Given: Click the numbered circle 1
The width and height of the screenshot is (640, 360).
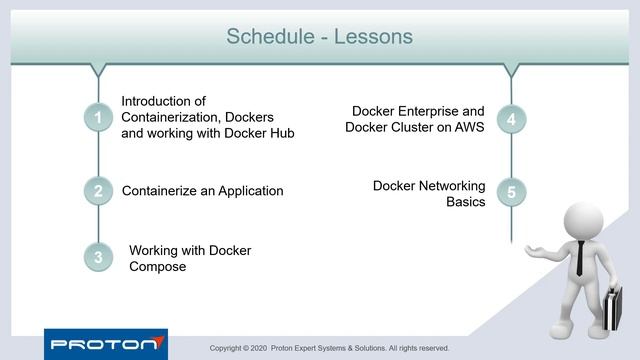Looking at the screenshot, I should coord(98,118).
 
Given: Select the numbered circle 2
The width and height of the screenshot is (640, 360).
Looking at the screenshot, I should coord(98,191).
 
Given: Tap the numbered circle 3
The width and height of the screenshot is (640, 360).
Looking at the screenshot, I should coord(98,257).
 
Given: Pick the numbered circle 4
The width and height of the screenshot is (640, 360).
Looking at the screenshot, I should coord(511,119).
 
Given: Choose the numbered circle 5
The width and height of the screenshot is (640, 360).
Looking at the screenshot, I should coord(511,192).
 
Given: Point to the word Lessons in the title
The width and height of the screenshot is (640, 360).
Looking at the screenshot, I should coord(375,37).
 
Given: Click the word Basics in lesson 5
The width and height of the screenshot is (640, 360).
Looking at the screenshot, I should coord(465,201).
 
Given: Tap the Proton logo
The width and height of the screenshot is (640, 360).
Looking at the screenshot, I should coord(105,344).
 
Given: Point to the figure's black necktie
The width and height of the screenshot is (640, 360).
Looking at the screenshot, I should coord(580,258).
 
